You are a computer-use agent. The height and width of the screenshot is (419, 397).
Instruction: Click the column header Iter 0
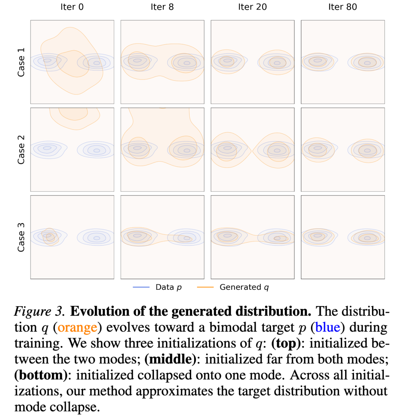click(72, 7)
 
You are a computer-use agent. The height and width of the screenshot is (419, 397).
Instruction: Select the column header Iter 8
click(162, 7)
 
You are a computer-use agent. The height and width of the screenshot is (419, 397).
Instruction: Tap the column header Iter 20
click(252, 7)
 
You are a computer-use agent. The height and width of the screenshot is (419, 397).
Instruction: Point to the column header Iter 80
click(343, 7)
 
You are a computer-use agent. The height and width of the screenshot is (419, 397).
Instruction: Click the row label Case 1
click(21, 62)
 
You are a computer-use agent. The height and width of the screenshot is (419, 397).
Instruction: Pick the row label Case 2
click(21, 149)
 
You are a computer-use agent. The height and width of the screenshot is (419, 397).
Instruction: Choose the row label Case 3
click(21, 237)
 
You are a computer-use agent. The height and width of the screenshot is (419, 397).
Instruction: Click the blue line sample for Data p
click(141, 287)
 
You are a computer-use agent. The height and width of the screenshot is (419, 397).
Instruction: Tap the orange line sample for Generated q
click(205, 287)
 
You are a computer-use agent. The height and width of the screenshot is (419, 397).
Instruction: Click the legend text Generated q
click(244, 287)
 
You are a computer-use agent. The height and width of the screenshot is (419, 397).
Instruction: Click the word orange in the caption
click(77, 327)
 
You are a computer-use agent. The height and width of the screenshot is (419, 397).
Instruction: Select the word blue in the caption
click(328, 327)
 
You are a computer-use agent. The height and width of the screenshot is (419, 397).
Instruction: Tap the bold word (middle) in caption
click(171, 359)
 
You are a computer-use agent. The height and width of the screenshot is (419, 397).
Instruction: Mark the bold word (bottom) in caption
click(43, 375)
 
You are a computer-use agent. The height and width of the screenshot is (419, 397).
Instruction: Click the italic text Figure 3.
click(40, 311)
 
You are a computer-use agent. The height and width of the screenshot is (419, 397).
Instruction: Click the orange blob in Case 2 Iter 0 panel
click(74, 114)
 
